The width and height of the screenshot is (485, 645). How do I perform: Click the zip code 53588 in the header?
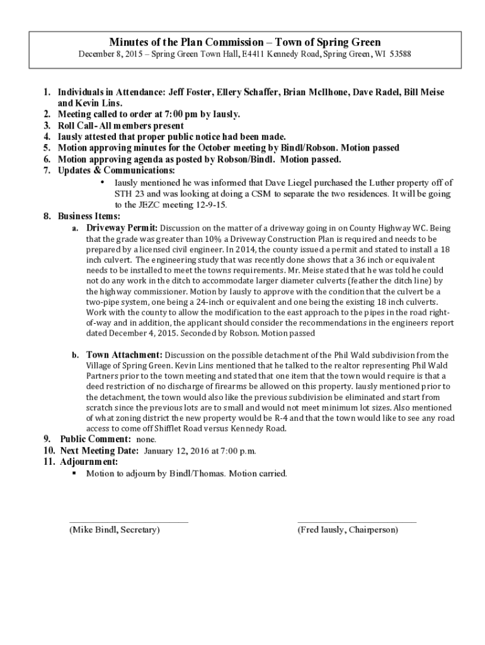tap(400, 55)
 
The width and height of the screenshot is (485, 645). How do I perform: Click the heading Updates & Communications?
tap(117, 170)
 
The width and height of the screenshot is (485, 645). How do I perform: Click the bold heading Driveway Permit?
tap(122, 227)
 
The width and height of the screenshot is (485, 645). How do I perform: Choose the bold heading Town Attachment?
tap(124, 355)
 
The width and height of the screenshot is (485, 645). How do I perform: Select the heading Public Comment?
tap(96, 439)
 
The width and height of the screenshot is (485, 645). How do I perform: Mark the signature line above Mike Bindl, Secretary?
tap(128, 522)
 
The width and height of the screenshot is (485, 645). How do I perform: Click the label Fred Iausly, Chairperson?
tap(348, 530)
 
